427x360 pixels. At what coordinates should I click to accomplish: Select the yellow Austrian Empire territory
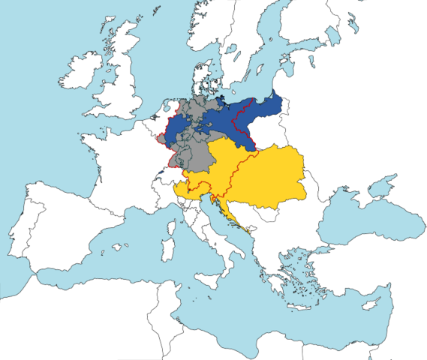[263, 176]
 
